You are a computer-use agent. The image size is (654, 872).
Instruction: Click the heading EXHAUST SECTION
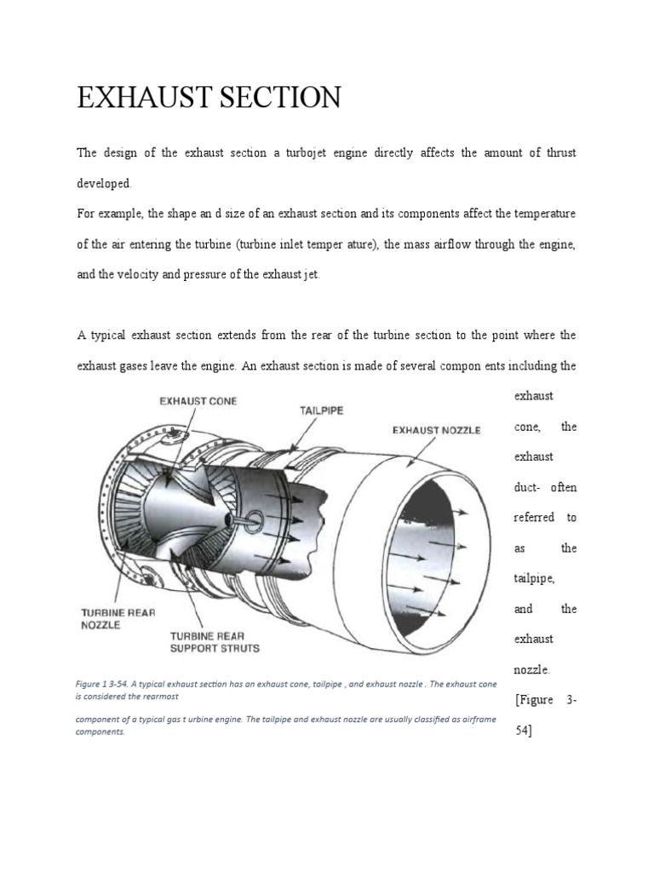[209, 98]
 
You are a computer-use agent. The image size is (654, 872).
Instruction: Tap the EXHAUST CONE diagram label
[198, 400]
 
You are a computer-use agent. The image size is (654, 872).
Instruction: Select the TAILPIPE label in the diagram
[321, 410]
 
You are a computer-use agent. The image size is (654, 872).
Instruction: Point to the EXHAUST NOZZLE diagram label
[436, 430]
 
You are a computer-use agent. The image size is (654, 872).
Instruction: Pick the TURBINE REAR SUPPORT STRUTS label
[215, 642]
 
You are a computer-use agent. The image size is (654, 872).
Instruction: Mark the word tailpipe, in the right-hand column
[534, 578]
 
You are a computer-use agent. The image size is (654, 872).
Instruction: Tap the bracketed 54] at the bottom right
[524, 731]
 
